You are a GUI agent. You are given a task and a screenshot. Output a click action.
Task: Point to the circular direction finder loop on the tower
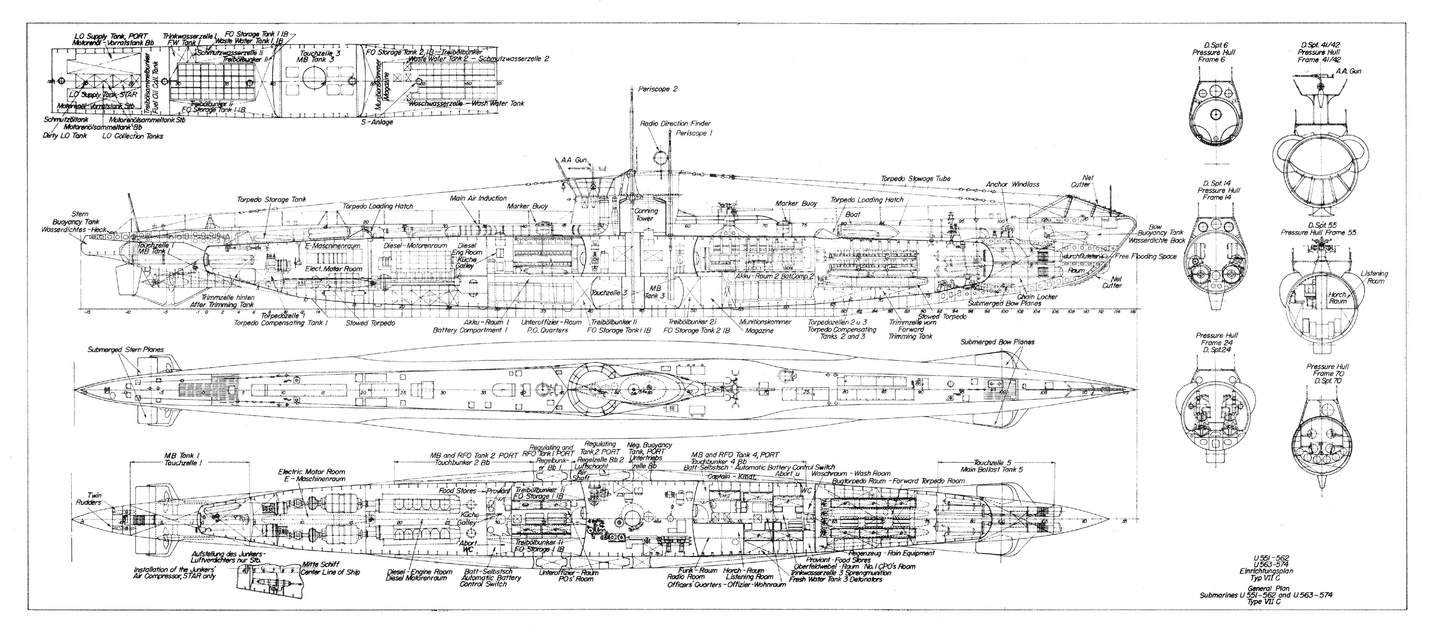[x=660, y=157]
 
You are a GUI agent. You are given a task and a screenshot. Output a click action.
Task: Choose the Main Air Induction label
[x=478, y=198]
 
